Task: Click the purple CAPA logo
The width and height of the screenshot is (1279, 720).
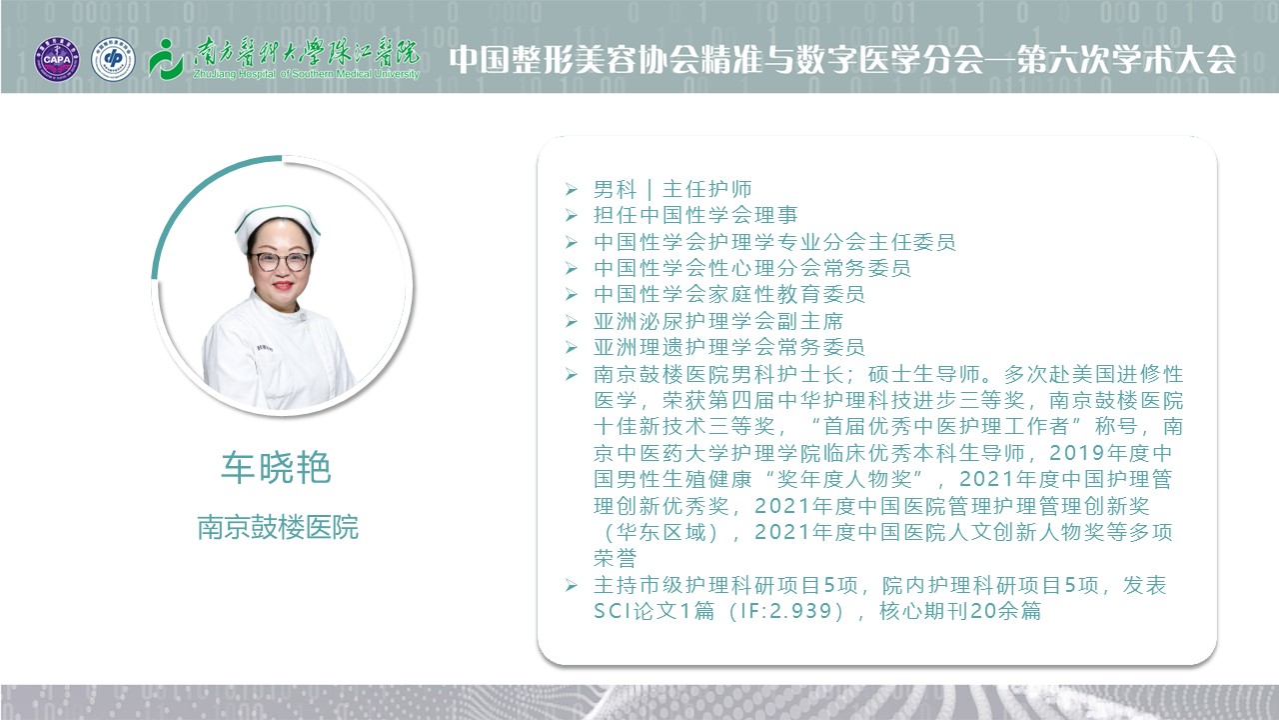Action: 57,59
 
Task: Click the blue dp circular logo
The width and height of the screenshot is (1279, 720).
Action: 113,59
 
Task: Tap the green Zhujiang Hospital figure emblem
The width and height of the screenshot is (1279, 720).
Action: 166,59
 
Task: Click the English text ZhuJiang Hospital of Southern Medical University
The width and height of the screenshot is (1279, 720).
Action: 307,74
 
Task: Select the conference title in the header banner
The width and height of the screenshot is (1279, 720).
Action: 842,59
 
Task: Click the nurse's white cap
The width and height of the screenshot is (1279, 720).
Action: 278,223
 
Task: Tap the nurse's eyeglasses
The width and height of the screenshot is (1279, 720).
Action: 281,262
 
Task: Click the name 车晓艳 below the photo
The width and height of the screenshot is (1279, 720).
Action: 277,467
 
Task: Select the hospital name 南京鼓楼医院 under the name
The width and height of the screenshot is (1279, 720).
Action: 278,527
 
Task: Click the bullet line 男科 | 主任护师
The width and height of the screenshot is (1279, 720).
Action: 672,189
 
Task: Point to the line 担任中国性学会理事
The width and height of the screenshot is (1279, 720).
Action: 695,215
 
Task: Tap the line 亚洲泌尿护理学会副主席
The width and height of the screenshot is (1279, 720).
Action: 718,321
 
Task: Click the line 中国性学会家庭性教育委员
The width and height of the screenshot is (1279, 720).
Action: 729,294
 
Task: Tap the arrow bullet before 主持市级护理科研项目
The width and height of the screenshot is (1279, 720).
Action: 572,585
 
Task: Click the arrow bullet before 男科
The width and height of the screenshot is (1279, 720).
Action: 572,189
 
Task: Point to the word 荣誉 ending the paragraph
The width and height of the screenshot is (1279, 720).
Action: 615,558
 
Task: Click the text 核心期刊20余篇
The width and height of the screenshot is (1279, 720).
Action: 960,611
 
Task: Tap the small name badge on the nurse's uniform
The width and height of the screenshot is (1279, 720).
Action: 265,347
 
